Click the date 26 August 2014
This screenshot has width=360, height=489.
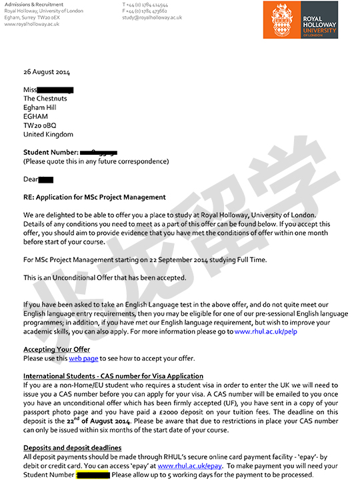pyautogui.click(x=47, y=72)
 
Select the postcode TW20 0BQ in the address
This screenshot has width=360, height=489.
pyautogui.click(x=40, y=125)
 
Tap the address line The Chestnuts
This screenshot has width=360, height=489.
pyautogui.click(x=48, y=99)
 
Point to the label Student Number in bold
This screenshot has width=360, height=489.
pyautogui.click(x=51, y=152)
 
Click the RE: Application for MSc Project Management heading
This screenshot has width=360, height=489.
pyautogui.click(x=95, y=197)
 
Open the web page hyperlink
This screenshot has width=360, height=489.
pyautogui.click(x=83, y=358)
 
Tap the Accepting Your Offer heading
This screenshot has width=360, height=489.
pyautogui.click(x=57, y=350)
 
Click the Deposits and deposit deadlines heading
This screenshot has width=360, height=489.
pyautogui.click(x=73, y=448)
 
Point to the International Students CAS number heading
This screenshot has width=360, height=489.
pyautogui.click(x=113, y=376)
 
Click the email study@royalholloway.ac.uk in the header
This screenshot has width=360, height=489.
pyautogui.click(x=152, y=17)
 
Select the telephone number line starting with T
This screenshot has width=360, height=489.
pyautogui.click(x=145, y=5)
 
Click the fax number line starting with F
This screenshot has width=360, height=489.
pyautogui.click(x=145, y=11)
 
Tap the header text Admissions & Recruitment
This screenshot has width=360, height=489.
pyautogui.click(x=34, y=5)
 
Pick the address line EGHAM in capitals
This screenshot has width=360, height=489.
pyautogui.click(x=36, y=116)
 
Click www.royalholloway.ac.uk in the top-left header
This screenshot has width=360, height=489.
pyautogui.click(x=32, y=24)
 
